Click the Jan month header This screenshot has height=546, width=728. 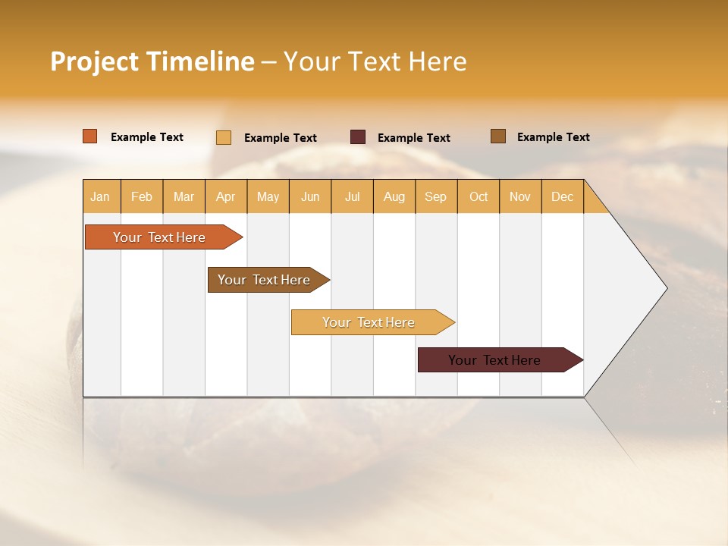100,196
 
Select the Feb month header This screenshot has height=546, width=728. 142,196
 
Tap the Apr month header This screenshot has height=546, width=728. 225,196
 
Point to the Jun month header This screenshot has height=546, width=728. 310,196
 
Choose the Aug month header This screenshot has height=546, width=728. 394,196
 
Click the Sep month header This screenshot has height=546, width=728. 435,196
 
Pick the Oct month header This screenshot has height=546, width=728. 479,196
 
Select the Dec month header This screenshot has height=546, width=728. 562,196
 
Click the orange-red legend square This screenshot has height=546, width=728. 90,136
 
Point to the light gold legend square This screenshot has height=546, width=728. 224,137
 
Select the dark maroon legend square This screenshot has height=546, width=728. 358,137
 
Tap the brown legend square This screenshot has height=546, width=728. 498,136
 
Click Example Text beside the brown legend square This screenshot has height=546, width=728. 553,137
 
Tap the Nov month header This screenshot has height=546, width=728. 520,196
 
